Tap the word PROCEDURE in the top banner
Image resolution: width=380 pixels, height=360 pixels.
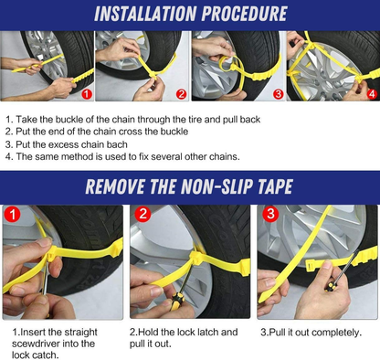(x=245, y=14)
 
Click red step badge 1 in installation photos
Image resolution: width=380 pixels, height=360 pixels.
(x=87, y=94)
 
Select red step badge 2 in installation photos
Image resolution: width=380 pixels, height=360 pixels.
(x=181, y=94)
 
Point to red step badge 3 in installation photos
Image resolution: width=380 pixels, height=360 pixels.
(x=278, y=94)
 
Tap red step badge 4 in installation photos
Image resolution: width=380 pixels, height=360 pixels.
(x=372, y=94)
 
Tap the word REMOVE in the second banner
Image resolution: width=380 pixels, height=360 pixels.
(x=114, y=186)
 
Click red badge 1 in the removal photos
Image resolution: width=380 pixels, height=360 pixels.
(x=12, y=214)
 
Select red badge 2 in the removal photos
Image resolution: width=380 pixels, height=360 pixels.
(x=142, y=214)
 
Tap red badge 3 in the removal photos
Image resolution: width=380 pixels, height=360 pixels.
(x=270, y=214)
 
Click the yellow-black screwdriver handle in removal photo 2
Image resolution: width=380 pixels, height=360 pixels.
(x=176, y=301)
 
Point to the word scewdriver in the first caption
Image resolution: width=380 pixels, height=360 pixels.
(x=36, y=344)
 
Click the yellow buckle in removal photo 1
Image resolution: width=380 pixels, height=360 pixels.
(x=52, y=254)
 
